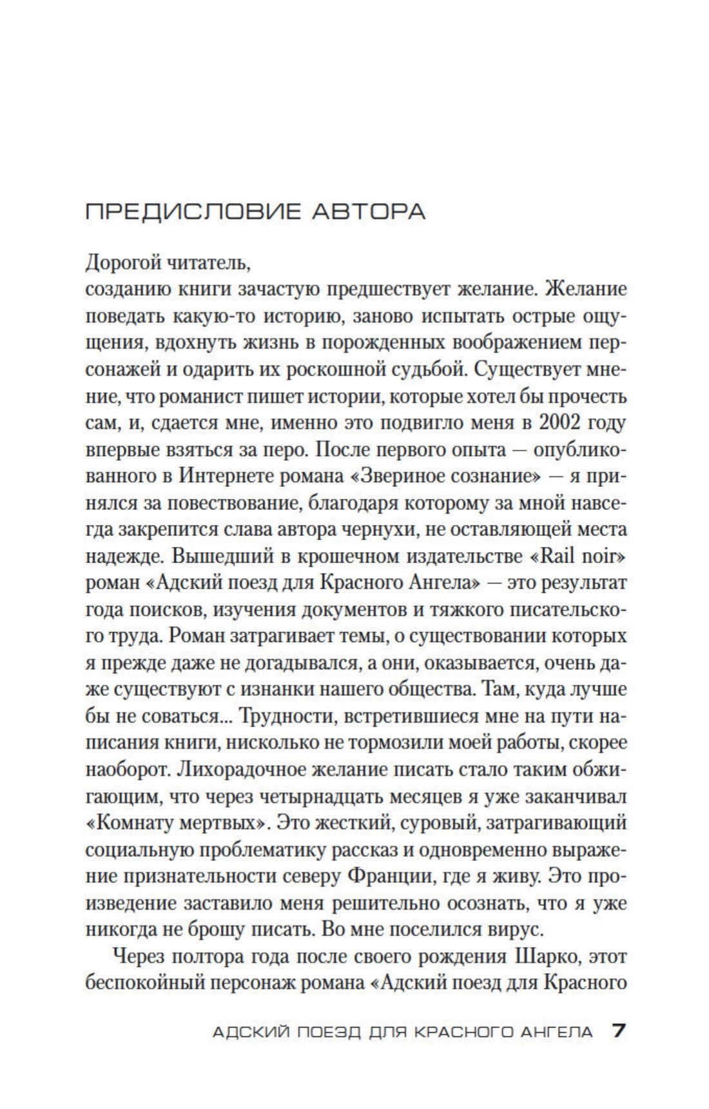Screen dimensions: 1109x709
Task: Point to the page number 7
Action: point(618,1031)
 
